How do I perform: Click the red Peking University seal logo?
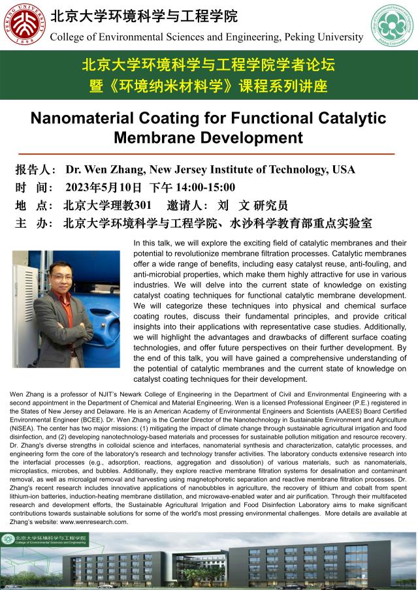(23, 25)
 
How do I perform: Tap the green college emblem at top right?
(393, 25)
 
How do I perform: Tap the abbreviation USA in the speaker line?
(343, 170)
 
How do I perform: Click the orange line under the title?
(209, 153)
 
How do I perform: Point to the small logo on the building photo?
(8, 539)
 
